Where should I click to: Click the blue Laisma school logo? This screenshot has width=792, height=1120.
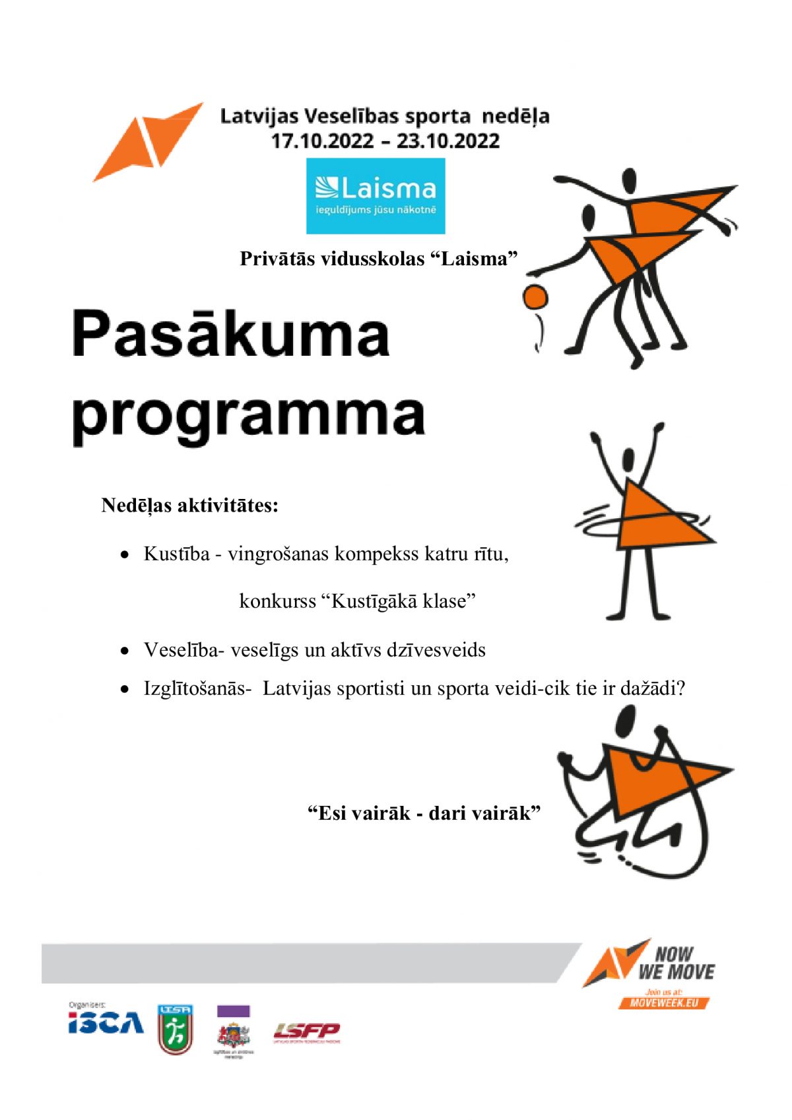375,195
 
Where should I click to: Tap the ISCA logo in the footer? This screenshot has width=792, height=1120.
106,1022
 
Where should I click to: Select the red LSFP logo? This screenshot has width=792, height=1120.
307,1031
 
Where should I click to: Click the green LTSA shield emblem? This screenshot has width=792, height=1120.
175,1030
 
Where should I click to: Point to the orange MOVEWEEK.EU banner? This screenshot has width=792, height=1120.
664,1003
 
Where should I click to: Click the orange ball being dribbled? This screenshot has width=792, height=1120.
535,298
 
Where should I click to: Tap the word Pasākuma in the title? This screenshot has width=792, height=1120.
230,335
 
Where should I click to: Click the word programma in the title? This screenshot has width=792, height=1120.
248,416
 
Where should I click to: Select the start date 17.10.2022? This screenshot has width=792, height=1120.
322,141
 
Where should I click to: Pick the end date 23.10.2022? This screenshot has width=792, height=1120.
448,141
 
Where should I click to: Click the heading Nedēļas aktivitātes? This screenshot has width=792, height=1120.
189,506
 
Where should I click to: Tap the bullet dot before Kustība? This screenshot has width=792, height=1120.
125,556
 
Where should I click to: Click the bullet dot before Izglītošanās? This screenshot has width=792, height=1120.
125,690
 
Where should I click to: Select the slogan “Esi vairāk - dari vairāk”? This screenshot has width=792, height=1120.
424,812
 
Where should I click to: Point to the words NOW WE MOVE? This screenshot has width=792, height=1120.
676,963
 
